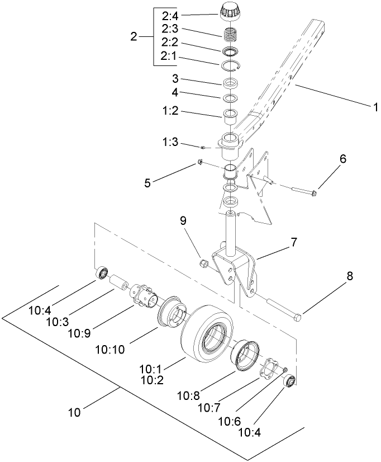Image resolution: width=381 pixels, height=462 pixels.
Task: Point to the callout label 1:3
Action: click(170, 144)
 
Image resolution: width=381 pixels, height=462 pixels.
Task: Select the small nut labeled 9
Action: click(205, 263)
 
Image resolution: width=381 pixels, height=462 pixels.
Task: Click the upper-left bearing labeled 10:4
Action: click(102, 274)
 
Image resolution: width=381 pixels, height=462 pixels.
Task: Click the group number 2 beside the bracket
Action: click(134, 36)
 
